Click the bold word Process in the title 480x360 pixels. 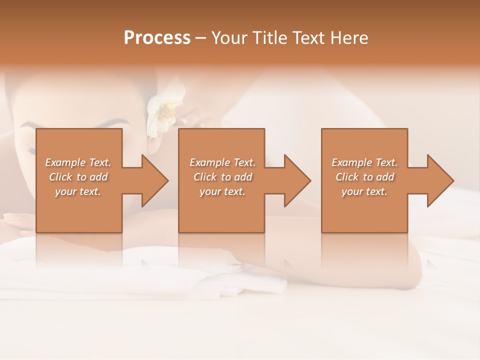(x=157, y=38)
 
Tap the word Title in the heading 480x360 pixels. (x=271, y=38)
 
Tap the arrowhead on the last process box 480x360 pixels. (x=439, y=180)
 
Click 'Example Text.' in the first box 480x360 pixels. (x=78, y=162)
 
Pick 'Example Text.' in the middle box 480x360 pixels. (x=222, y=162)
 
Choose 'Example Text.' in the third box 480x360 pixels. (x=364, y=162)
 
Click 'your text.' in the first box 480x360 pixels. (x=78, y=191)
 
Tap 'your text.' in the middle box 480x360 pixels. (x=222, y=191)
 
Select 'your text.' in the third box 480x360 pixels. (x=364, y=191)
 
